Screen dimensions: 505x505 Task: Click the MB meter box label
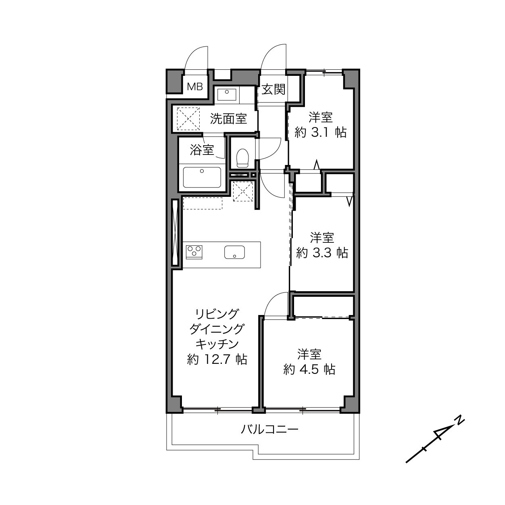195,86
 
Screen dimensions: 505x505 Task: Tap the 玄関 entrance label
273,90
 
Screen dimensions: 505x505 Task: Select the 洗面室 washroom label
229,119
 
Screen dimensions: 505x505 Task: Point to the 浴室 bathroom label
202,150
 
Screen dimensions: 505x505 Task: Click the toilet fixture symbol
242,158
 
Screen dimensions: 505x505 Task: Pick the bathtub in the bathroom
202,177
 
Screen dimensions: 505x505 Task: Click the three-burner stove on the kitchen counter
194,252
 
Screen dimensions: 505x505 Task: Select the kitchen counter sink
234,252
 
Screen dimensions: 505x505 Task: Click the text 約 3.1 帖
321,132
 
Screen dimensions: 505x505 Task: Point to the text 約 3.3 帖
322,253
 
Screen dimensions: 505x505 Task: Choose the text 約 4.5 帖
309,369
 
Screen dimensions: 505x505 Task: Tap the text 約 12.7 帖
217,359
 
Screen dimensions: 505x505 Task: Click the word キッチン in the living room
217,344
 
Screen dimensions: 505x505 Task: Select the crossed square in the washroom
188,119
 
